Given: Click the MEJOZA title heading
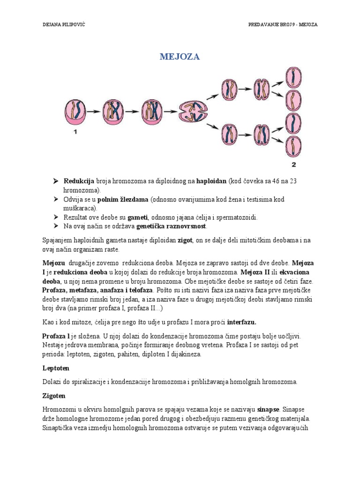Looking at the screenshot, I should click(180, 57).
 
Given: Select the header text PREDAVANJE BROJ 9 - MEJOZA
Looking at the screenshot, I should click(282, 24).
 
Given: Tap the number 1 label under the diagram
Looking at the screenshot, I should click(75, 132).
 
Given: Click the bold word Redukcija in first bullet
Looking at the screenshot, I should click(79, 181).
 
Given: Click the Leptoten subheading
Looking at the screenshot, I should click(55, 368).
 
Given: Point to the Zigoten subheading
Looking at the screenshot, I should click(54, 396).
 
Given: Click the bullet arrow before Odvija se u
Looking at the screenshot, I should click(55, 200).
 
